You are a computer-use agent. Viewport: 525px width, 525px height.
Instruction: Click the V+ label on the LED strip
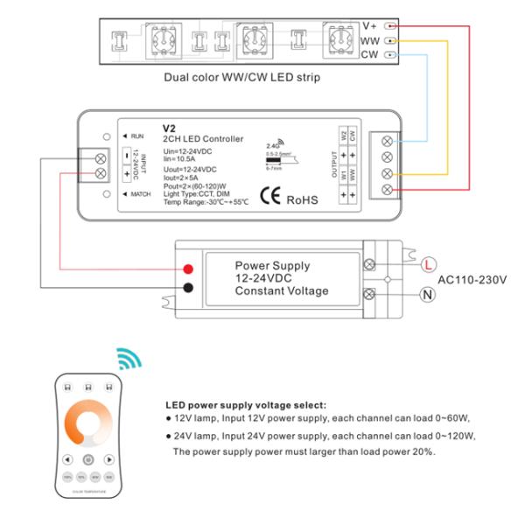coord(370,26)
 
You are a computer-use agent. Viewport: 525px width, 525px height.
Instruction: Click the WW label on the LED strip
coord(369,41)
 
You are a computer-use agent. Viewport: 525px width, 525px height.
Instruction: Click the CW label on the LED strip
coord(369,55)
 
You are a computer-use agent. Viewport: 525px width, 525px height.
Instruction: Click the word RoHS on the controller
coord(304,199)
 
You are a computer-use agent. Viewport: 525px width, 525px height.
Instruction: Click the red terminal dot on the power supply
coord(188,268)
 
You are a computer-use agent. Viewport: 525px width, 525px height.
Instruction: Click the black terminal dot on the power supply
coord(188,288)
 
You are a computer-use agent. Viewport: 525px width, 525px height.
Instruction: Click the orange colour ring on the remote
coord(88,423)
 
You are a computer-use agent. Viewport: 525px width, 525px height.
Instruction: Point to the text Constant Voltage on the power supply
coord(282,290)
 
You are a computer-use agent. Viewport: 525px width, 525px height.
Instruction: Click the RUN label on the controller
coord(136,136)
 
